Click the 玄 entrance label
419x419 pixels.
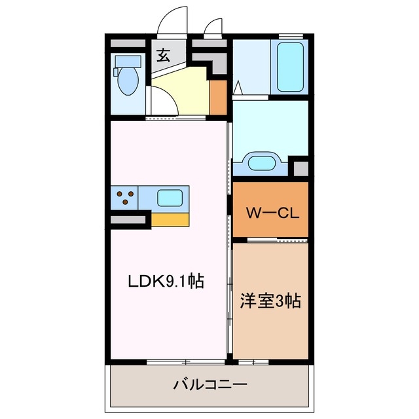163,55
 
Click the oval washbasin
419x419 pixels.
261,162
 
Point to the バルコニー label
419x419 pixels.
209,384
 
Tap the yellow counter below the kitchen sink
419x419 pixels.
170,219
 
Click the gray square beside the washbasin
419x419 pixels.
300,168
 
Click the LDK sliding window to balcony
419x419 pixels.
186,361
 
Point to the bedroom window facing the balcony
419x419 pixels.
253,361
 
